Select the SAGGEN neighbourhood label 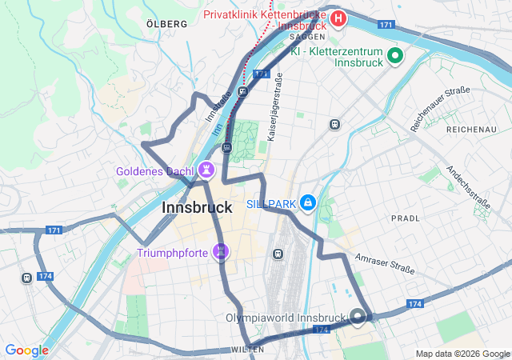pyautogui.click(x=306, y=37)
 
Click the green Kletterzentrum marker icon pyautogui.click(x=394, y=55)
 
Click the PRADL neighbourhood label pyautogui.click(x=406, y=218)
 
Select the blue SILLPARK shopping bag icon pyautogui.click(x=307, y=203)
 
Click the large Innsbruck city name pyautogui.click(x=197, y=207)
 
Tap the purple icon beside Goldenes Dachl pyautogui.click(x=207, y=170)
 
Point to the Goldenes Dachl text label pyautogui.click(x=154, y=171)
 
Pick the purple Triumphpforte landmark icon pyautogui.click(x=222, y=253)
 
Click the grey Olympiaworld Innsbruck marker pyautogui.click(x=358, y=317)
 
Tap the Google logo pyautogui.click(x=26, y=350)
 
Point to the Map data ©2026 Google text pyautogui.click(x=462, y=354)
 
